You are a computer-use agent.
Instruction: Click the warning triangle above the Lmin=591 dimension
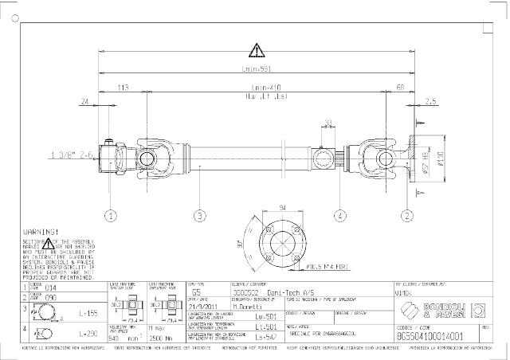255,52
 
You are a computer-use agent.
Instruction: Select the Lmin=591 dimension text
256,68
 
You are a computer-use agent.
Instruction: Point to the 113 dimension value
123,88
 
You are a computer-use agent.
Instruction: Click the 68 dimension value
399,88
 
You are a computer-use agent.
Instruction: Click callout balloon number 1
110,215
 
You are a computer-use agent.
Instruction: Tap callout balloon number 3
200,215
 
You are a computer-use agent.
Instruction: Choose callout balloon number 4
339,215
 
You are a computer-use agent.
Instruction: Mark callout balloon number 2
407,215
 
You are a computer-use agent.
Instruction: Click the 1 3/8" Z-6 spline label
73,154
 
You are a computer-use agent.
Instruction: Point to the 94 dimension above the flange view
282,208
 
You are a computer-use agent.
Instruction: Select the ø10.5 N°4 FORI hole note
323,268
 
